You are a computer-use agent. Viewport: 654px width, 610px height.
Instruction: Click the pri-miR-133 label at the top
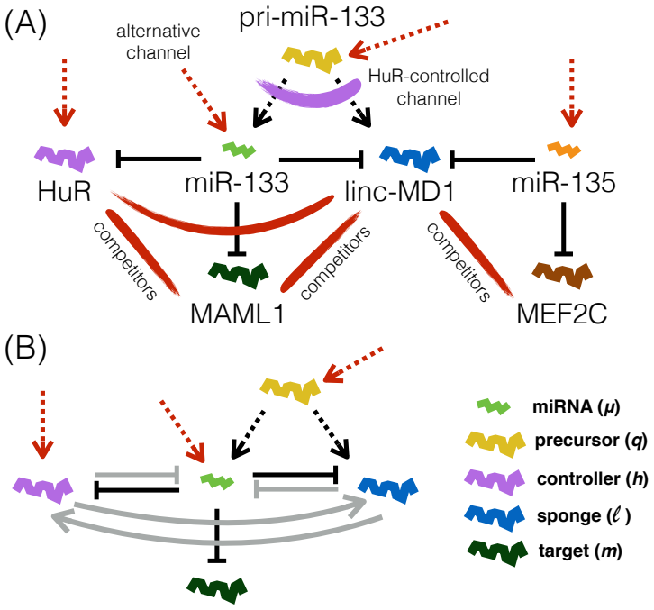(312, 17)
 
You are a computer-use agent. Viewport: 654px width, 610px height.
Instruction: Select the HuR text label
(64, 192)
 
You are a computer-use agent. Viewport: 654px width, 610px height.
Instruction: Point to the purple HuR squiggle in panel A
(65, 158)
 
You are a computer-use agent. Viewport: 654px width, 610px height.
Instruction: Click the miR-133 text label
(237, 182)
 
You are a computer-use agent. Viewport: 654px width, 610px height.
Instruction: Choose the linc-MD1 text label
(399, 192)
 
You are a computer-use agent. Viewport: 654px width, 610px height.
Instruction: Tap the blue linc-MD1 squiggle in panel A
(410, 158)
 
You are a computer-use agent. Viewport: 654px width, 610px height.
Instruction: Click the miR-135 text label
(564, 182)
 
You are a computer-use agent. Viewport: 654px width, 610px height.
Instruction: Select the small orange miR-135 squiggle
(564, 150)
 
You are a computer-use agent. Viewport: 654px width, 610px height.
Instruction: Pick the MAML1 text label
(237, 314)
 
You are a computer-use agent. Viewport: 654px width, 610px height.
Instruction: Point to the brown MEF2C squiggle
(562, 275)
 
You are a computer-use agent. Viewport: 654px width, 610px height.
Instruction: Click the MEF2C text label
(562, 314)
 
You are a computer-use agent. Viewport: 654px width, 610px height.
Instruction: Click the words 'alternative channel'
(158, 41)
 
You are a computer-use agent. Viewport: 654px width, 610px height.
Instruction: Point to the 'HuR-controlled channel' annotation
(429, 87)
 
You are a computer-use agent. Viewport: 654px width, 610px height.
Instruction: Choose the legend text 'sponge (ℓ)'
(584, 516)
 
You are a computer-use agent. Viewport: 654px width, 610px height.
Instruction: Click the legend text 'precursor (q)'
(591, 441)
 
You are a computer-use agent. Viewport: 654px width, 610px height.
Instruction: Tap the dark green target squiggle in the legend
(495, 553)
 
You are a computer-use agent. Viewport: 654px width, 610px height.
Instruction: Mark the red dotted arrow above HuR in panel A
(64, 92)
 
